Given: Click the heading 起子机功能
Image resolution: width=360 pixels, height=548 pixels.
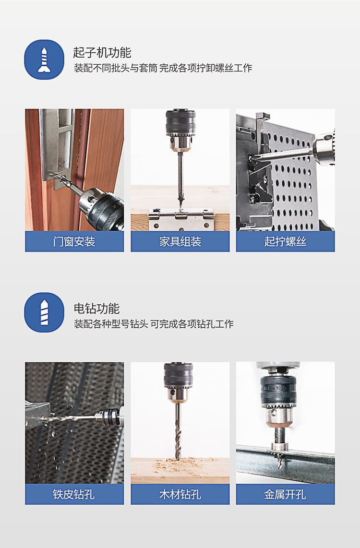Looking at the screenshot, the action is click(x=102, y=53).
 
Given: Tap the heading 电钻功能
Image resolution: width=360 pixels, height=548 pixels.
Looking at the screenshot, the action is click(x=96, y=309).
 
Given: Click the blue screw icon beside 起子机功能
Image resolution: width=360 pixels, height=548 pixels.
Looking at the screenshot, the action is click(x=44, y=60).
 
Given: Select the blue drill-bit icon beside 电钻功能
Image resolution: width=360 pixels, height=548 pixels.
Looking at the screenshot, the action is click(x=44, y=312).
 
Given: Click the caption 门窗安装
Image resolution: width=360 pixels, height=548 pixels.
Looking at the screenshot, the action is click(x=74, y=241).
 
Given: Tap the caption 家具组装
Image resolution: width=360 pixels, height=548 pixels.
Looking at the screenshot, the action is click(x=180, y=241).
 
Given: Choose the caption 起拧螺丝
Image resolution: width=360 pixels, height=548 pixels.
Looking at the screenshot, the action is click(x=285, y=241).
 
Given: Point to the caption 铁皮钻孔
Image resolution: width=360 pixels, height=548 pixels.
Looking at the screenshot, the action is click(x=74, y=494).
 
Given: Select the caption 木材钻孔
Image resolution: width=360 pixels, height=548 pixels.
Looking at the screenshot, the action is click(x=180, y=494).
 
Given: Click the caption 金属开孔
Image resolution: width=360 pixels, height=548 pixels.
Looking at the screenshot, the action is click(x=285, y=494).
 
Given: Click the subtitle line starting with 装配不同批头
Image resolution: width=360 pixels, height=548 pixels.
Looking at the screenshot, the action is click(x=163, y=68).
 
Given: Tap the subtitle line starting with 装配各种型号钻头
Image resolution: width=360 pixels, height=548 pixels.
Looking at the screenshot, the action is click(x=154, y=324).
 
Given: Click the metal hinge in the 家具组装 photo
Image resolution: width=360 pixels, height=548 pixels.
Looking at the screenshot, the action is click(x=180, y=219).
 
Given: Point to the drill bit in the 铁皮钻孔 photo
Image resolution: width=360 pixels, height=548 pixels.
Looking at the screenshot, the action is click(x=69, y=417).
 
